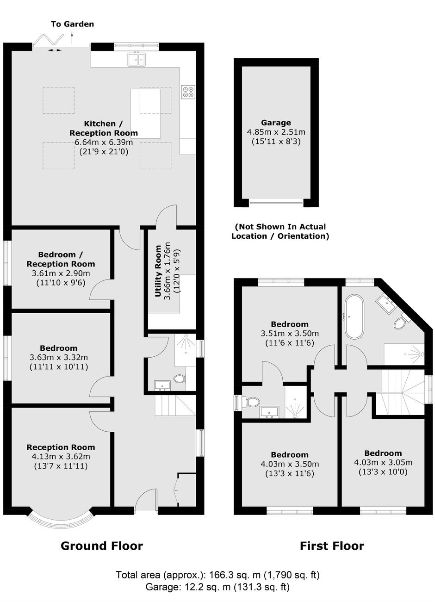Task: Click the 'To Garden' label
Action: (x=72, y=24)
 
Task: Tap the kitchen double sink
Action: (x=137, y=59)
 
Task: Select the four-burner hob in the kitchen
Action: (x=188, y=92)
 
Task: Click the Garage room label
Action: (x=276, y=123)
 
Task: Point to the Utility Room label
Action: (x=158, y=271)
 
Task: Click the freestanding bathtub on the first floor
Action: (x=354, y=317)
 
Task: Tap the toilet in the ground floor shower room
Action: (x=179, y=379)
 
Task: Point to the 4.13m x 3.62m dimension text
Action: (x=61, y=456)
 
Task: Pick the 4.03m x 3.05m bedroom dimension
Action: (x=383, y=462)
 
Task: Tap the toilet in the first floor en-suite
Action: (x=251, y=402)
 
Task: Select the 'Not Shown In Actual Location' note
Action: (x=280, y=231)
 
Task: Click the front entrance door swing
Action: (x=146, y=498)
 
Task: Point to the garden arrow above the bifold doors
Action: (x=72, y=38)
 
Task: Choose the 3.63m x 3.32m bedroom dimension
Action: (x=59, y=357)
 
